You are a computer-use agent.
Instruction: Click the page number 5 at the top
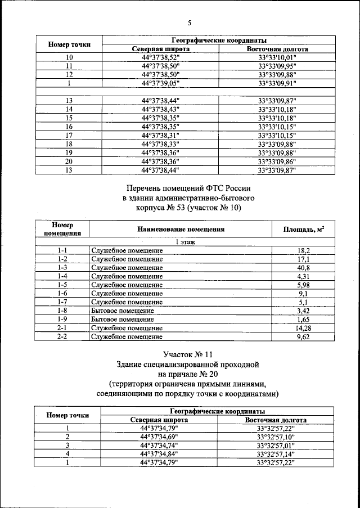click(x=190, y=23)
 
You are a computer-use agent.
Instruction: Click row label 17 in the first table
click(x=69, y=135)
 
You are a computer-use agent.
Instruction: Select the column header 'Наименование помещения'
click(x=181, y=229)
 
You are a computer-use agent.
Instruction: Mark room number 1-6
click(x=62, y=293)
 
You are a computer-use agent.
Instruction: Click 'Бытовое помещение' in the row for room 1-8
click(x=123, y=311)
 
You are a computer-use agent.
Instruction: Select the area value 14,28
click(x=303, y=328)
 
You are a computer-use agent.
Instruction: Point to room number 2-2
click(x=62, y=336)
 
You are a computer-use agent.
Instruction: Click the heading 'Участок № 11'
click(x=188, y=355)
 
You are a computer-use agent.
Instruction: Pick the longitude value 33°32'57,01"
click(x=276, y=445)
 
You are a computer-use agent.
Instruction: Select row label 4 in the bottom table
click(x=68, y=453)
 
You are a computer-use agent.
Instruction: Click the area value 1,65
click(x=303, y=319)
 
